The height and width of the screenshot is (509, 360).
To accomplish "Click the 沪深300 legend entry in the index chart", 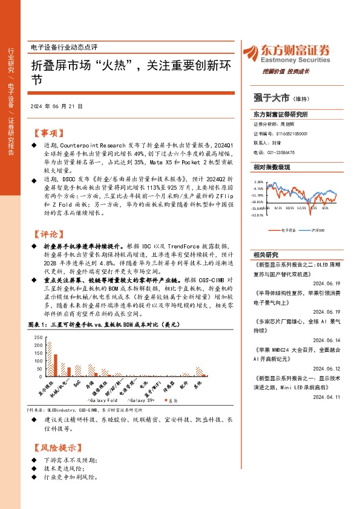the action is click(x=314, y=230).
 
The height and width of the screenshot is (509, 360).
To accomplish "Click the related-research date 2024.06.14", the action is click(x=327, y=340).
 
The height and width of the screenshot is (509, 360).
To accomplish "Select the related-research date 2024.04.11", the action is click(x=327, y=397).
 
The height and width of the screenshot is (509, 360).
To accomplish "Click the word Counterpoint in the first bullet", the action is click(x=82, y=146).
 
